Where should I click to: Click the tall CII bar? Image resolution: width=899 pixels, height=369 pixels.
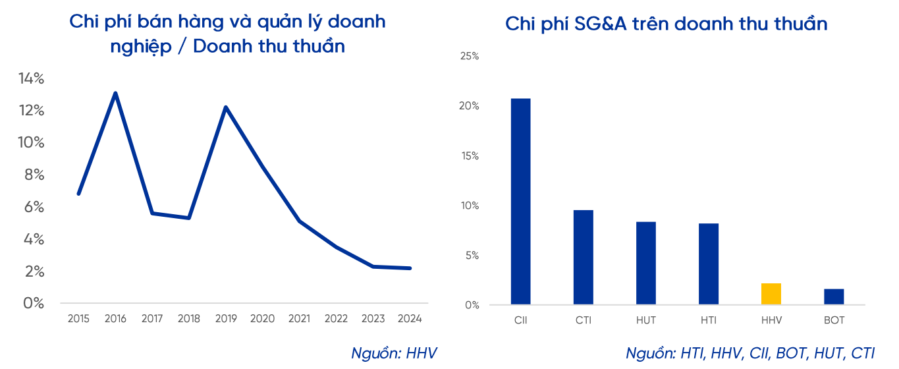[x=520, y=202]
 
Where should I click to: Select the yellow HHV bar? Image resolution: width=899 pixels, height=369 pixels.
[x=771, y=294]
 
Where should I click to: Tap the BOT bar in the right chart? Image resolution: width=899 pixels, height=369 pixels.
[x=834, y=297]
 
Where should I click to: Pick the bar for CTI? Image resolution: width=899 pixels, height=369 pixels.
[x=583, y=257]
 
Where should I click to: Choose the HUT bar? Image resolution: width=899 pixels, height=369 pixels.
[x=645, y=263]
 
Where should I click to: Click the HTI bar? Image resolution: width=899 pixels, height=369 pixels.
[x=709, y=264]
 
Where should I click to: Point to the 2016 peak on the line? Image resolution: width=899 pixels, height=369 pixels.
[x=116, y=94]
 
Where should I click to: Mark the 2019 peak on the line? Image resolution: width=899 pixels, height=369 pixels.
[x=226, y=107]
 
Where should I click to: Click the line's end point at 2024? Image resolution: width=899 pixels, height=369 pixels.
[x=410, y=268]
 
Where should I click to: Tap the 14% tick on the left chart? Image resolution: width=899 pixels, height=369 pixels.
[x=31, y=79]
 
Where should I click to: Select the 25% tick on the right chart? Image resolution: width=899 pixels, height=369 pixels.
[x=469, y=57]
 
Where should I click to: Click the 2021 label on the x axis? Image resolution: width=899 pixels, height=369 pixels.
[x=299, y=319]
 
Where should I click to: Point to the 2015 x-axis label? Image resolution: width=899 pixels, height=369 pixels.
[x=79, y=319]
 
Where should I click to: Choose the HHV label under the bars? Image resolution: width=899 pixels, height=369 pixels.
[x=771, y=320]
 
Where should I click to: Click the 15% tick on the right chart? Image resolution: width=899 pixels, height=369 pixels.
[x=469, y=156]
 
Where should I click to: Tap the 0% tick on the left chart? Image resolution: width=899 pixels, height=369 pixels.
[x=34, y=304]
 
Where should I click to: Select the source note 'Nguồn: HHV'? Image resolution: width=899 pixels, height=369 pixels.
[x=394, y=353]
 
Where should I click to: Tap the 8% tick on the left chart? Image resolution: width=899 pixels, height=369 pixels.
[x=34, y=175]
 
